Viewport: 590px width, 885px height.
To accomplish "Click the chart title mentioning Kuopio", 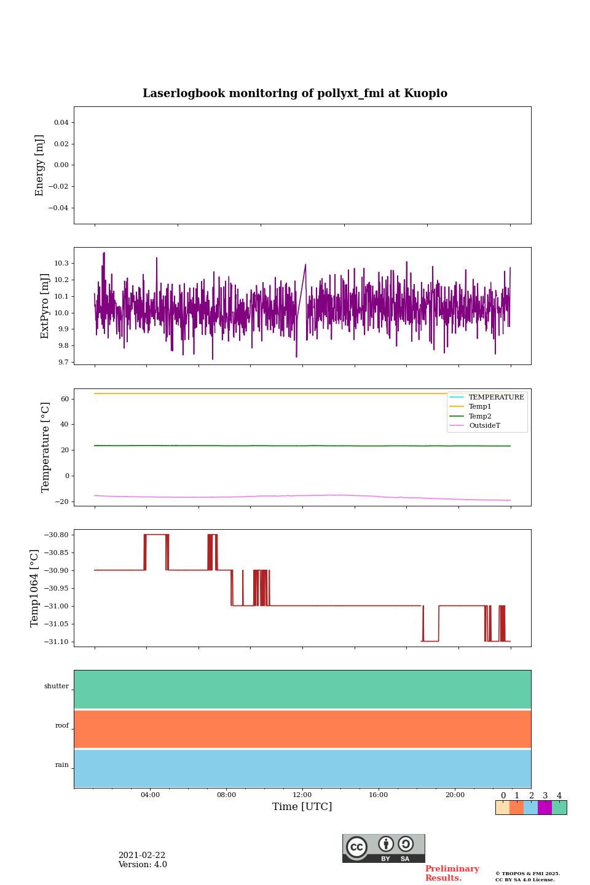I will coord(295,93).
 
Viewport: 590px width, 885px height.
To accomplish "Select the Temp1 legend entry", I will coord(480,407).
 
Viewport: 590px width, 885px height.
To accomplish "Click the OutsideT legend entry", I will coord(484,426).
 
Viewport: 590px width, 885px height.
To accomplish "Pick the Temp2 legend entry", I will coord(480,417).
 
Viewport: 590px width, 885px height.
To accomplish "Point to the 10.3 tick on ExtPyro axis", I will coord(61,263).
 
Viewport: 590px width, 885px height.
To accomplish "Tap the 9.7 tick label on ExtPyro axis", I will coord(63,362).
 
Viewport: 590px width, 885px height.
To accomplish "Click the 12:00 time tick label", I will coord(302,795).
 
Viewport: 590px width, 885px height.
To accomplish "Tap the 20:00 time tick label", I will coord(455,795).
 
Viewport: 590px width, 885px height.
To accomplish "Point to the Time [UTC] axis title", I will coord(302,807).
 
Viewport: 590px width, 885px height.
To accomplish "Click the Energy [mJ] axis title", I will coord(40,165).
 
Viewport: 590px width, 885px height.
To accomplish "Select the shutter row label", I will coord(57,686).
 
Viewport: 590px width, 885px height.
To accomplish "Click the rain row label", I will coord(62,765).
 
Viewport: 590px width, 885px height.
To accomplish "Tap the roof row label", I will coord(62,726).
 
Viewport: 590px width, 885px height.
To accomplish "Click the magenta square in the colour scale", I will coord(545,808).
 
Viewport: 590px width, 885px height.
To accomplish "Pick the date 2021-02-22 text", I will coord(142,855).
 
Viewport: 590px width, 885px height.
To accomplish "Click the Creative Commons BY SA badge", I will coord(383,848).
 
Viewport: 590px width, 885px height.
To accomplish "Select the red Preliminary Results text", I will coord(452,873).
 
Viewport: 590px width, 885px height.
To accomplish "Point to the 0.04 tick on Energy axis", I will coord(61,123).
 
